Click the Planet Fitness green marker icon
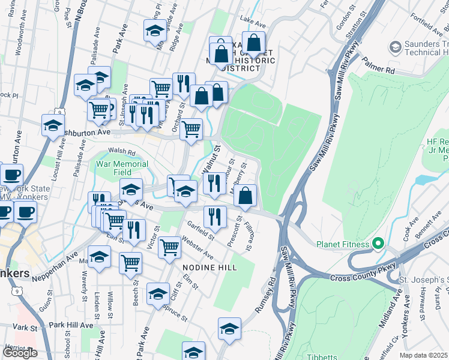point(378,244)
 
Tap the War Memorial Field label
point(122,168)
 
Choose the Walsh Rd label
point(122,152)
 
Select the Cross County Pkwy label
point(356,277)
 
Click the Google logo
point(20,353)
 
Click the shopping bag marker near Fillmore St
point(245,195)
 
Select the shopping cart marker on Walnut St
point(191,128)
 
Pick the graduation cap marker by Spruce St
point(158,294)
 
